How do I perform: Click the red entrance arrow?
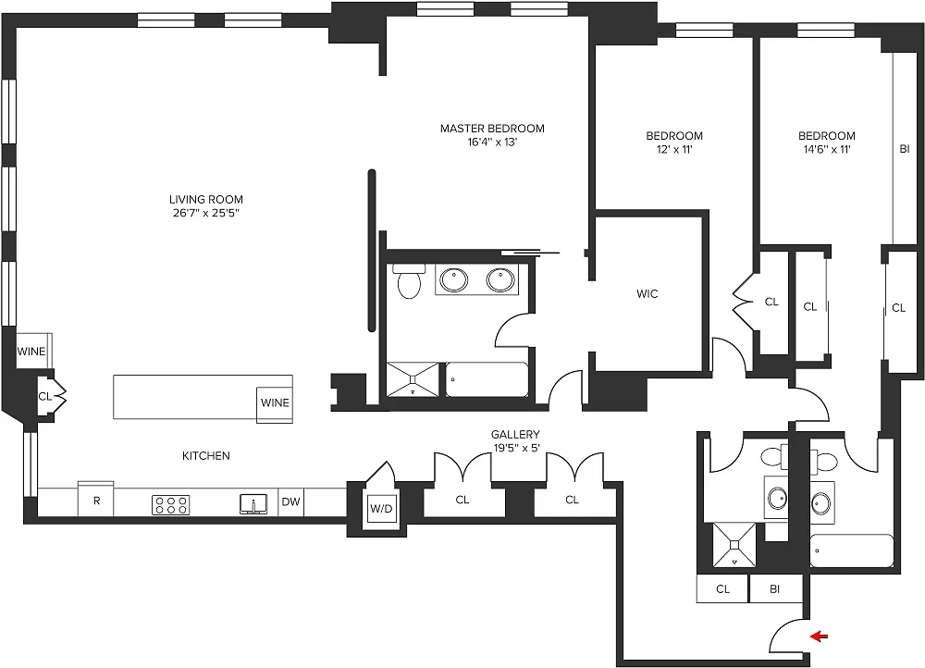[x=820, y=637]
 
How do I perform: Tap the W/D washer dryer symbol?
[x=381, y=508]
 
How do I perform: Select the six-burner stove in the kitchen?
[x=170, y=504]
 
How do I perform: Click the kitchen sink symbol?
[x=253, y=504]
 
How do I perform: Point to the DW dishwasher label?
[x=290, y=502]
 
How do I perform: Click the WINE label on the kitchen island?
[x=275, y=402]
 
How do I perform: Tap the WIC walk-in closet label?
[x=647, y=294]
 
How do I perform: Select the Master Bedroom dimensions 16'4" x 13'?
[x=492, y=142]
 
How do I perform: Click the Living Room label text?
[x=206, y=200]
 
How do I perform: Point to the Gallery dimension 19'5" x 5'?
[x=515, y=448]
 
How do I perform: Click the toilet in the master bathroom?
[x=410, y=280]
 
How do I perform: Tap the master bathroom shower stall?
[x=413, y=378]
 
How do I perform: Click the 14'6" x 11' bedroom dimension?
[x=826, y=149]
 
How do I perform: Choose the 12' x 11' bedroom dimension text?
[x=674, y=149]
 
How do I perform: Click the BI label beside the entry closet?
[x=775, y=589]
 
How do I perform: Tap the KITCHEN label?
[x=206, y=455]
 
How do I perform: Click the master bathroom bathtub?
[x=487, y=379]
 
